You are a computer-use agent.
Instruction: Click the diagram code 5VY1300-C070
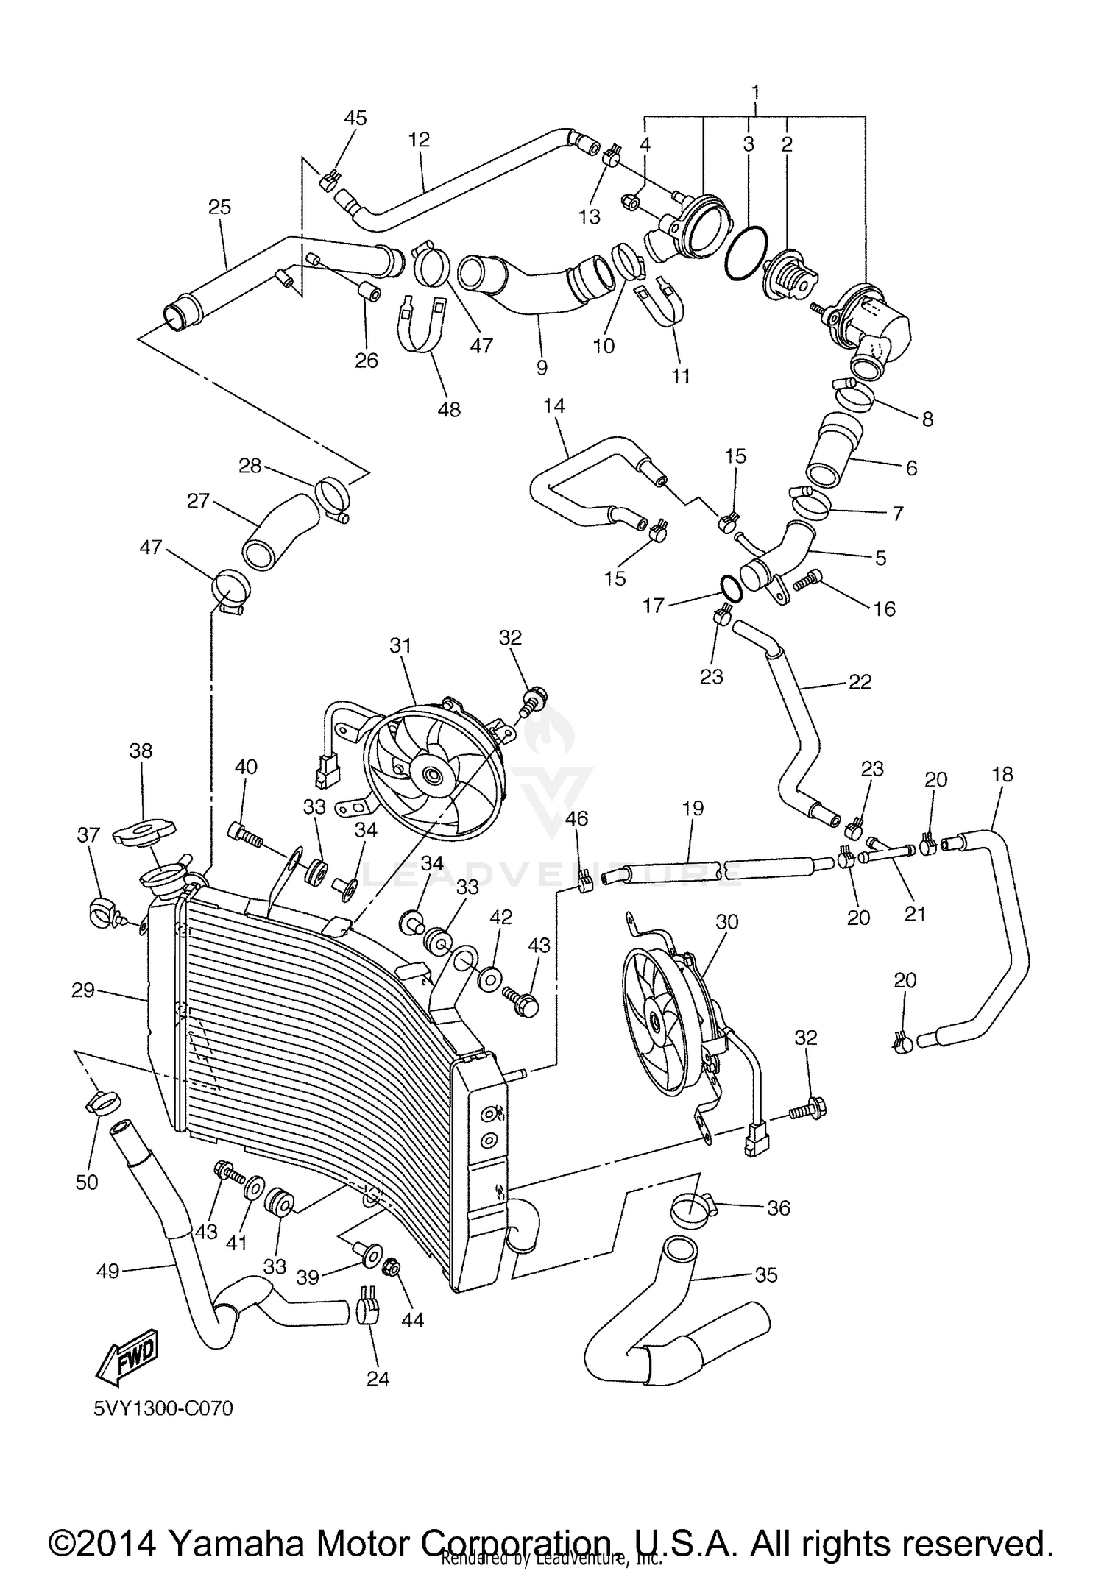(163, 1408)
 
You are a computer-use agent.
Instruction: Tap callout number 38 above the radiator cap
(141, 751)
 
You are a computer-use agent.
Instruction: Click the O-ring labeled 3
(746, 252)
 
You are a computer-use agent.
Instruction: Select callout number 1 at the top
(754, 93)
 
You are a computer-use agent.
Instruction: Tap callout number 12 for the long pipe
(419, 139)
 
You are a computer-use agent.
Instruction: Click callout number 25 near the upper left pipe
(219, 207)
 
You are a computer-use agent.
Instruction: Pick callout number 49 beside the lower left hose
(108, 1271)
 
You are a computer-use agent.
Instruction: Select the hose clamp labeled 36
(692, 1207)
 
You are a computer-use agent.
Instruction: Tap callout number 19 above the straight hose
(693, 808)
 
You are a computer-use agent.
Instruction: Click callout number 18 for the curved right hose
(1002, 774)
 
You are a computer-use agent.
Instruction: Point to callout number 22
(859, 681)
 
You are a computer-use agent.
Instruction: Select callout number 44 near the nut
(412, 1320)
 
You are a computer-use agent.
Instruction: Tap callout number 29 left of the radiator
(83, 990)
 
